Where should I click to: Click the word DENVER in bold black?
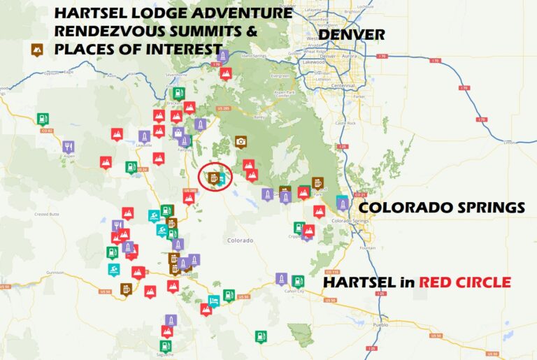coord(352,34)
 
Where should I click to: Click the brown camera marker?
coord(241,141)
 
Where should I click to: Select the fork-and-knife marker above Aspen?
coord(68,147)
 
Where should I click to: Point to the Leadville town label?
coord(145,145)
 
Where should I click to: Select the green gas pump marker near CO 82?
coord(43,118)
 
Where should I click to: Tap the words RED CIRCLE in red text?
coord(464,282)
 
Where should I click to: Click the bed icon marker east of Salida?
coord(215,300)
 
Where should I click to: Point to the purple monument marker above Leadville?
coord(144,136)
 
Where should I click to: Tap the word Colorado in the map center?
coord(240,240)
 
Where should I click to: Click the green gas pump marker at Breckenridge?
coord(178,93)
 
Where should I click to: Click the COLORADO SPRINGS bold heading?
coord(441,208)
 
